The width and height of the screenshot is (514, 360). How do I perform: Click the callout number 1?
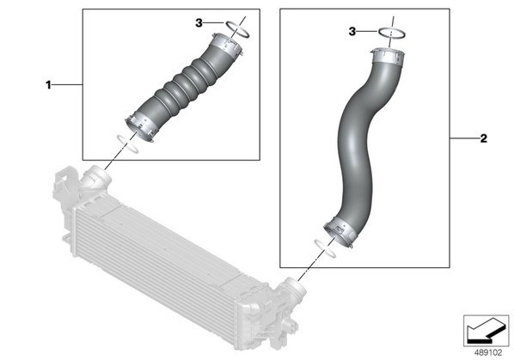click(48, 85)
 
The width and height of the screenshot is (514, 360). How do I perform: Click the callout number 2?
click(484, 138)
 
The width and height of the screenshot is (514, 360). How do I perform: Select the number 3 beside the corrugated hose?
click(199, 23)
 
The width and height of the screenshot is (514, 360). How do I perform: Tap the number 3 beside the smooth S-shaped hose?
click(352, 32)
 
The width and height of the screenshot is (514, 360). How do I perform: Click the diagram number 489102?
click(488, 353)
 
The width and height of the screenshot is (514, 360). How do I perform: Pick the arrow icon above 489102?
click(486, 331)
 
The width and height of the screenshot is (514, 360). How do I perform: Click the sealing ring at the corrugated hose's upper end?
click(237, 29)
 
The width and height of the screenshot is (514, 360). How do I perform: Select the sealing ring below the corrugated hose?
click(127, 143)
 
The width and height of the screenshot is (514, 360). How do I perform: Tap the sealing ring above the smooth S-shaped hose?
click(393, 33)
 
